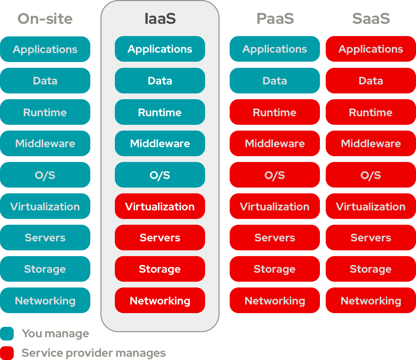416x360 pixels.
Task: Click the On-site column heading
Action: tap(45, 19)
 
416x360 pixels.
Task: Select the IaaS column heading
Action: tap(160, 19)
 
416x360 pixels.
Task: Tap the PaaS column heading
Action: tap(275, 19)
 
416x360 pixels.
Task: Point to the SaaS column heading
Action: tap(371, 19)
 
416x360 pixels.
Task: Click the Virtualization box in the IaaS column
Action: tap(160, 206)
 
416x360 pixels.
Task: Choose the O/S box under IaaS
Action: tap(160, 175)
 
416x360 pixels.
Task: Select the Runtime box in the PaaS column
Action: tap(275, 112)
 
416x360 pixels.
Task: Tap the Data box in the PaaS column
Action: tap(275, 81)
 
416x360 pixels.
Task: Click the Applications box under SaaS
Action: tap(371, 49)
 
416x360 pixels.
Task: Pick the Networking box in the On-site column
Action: tap(45, 300)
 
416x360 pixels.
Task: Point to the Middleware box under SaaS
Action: tap(371, 144)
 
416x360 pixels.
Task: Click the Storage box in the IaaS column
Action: tap(160, 269)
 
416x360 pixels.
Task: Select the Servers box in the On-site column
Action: tap(45, 238)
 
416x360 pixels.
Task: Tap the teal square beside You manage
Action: tap(7, 334)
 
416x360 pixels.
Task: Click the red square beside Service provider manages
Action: tap(7, 353)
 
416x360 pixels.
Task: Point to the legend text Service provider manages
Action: tap(94, 353)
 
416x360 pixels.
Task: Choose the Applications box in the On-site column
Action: tap(45, 49)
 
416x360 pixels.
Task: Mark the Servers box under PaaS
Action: tap(275, 238)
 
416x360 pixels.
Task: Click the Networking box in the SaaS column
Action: tap(371, 300)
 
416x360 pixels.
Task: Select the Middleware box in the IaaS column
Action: tap(160, 144)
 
